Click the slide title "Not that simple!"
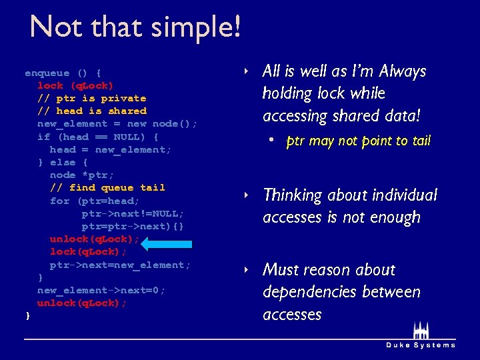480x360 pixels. click(x=135, y=27)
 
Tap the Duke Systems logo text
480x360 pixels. click(x=421, y=345)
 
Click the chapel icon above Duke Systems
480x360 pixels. click(x=421, y=331)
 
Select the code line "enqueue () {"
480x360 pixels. click(x=63, y=73)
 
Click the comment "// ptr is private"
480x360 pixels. click(x=91, y=98)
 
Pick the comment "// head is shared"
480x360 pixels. click(x=91, y=111)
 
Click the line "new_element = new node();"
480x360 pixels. click(x=117, y=123)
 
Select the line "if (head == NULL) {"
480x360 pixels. click(x=97, y=137)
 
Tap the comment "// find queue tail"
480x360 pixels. click(x=107, y=187)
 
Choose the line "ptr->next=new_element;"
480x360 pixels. click(x=120, y=265)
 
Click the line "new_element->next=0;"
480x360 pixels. click(x=101, y=290)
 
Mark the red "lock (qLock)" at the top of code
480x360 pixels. click(x=75, y=85)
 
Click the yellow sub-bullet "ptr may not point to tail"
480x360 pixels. click(x=359, y=141)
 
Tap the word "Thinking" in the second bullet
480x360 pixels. click(x=296, y=195)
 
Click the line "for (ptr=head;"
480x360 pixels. click(x=94, y=201)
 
